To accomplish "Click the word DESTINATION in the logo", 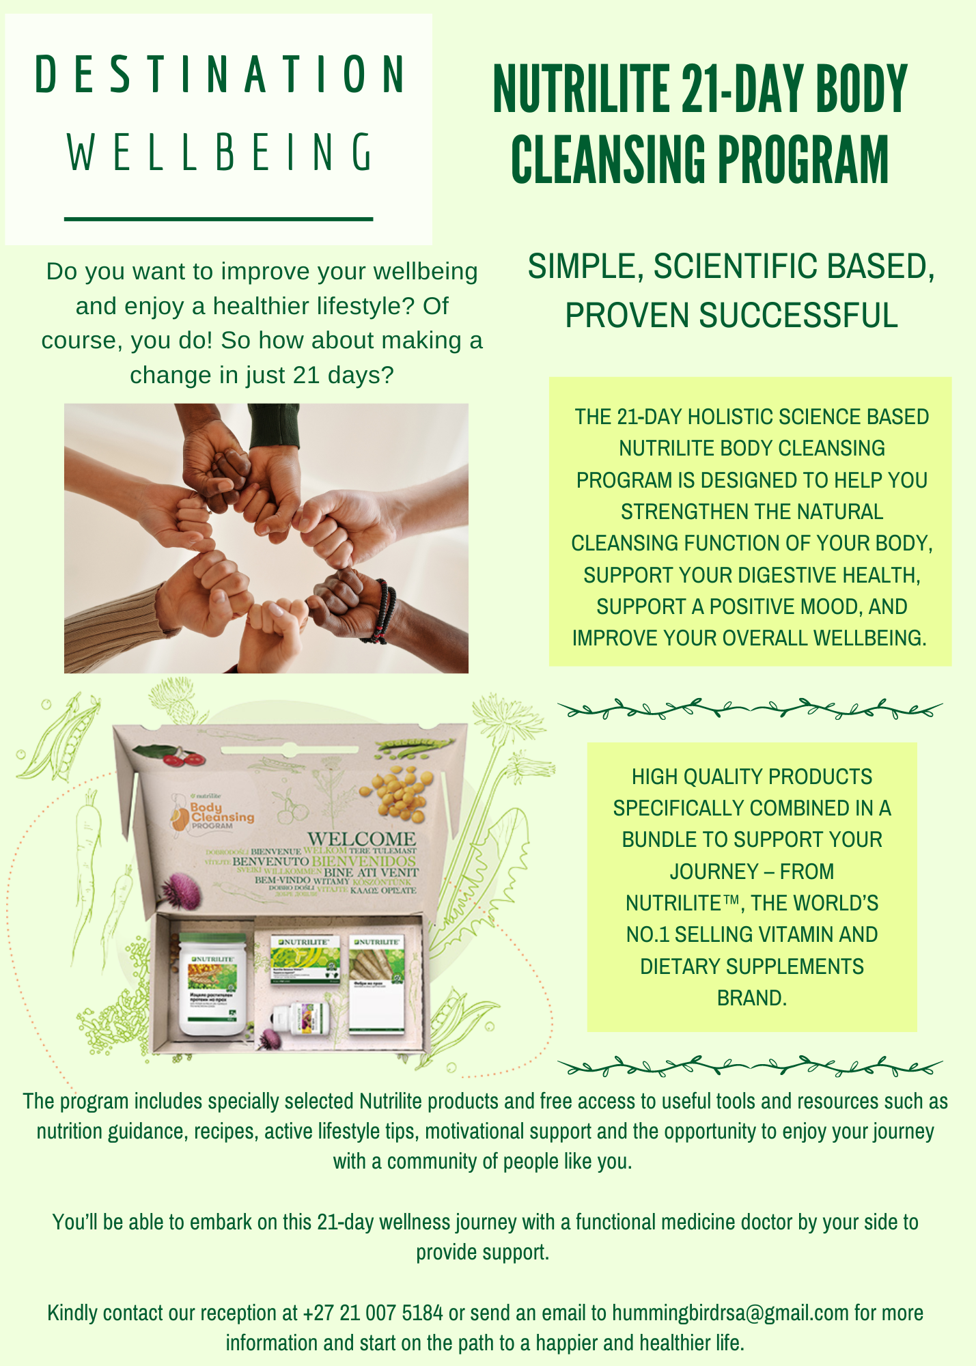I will click(219, 74).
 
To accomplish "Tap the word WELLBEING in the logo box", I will click(219, 152).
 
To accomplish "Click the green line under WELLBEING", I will click(218, 219).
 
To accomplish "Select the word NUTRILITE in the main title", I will click(581, 89).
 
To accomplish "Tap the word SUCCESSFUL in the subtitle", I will click(798, 316).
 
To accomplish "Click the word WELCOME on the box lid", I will click(361, 839).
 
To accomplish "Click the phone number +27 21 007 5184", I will click(373, 1313).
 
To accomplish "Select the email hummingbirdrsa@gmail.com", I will click(730, 1313).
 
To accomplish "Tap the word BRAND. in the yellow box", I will click(751, 998).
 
